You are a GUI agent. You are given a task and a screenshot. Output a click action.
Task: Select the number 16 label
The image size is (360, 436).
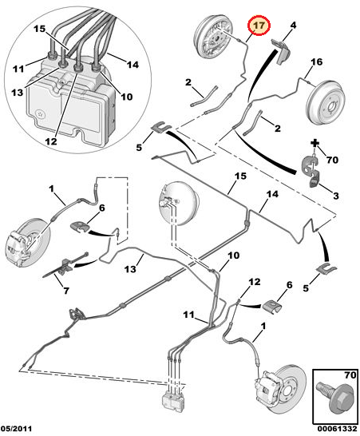(316, 62)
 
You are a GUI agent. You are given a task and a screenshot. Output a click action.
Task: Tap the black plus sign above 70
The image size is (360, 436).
(316, 145)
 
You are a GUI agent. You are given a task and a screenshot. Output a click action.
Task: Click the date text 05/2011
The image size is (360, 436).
(18, 430)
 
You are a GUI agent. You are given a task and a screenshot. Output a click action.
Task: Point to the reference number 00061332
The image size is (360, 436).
(335, 430)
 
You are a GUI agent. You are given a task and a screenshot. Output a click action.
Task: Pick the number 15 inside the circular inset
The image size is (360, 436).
(40, 30)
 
